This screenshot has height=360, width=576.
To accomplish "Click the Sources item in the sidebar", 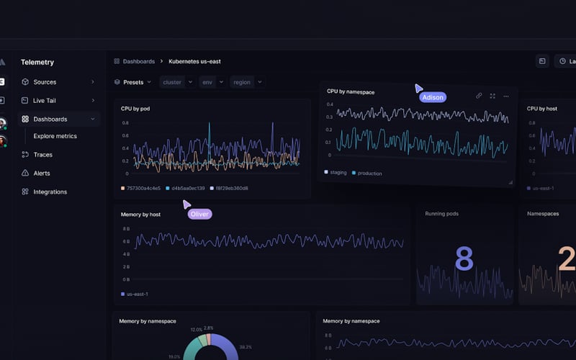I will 44,82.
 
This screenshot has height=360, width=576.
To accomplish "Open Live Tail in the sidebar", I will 44,101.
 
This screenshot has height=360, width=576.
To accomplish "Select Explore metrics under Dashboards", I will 55,136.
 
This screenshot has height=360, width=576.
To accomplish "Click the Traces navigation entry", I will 42,155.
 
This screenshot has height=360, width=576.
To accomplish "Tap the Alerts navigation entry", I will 41,174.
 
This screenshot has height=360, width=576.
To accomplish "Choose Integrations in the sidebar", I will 50,192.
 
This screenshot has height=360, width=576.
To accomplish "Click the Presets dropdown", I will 133,82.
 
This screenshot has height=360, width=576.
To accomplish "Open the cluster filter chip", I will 172,82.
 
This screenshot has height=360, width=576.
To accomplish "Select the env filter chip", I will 207,82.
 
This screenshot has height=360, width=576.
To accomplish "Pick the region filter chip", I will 242,82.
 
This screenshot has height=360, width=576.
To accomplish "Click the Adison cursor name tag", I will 433,96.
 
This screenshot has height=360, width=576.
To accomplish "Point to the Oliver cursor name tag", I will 199,214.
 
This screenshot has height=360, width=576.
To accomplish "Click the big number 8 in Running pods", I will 464,259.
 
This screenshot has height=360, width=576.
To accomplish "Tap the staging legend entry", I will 338,173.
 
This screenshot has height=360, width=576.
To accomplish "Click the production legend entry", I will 369,174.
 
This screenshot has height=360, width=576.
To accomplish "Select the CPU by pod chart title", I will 135,109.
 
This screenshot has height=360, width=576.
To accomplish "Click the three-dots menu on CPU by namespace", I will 506,96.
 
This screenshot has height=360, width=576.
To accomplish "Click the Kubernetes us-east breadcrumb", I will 198,62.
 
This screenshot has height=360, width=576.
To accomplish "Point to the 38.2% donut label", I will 246,346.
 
